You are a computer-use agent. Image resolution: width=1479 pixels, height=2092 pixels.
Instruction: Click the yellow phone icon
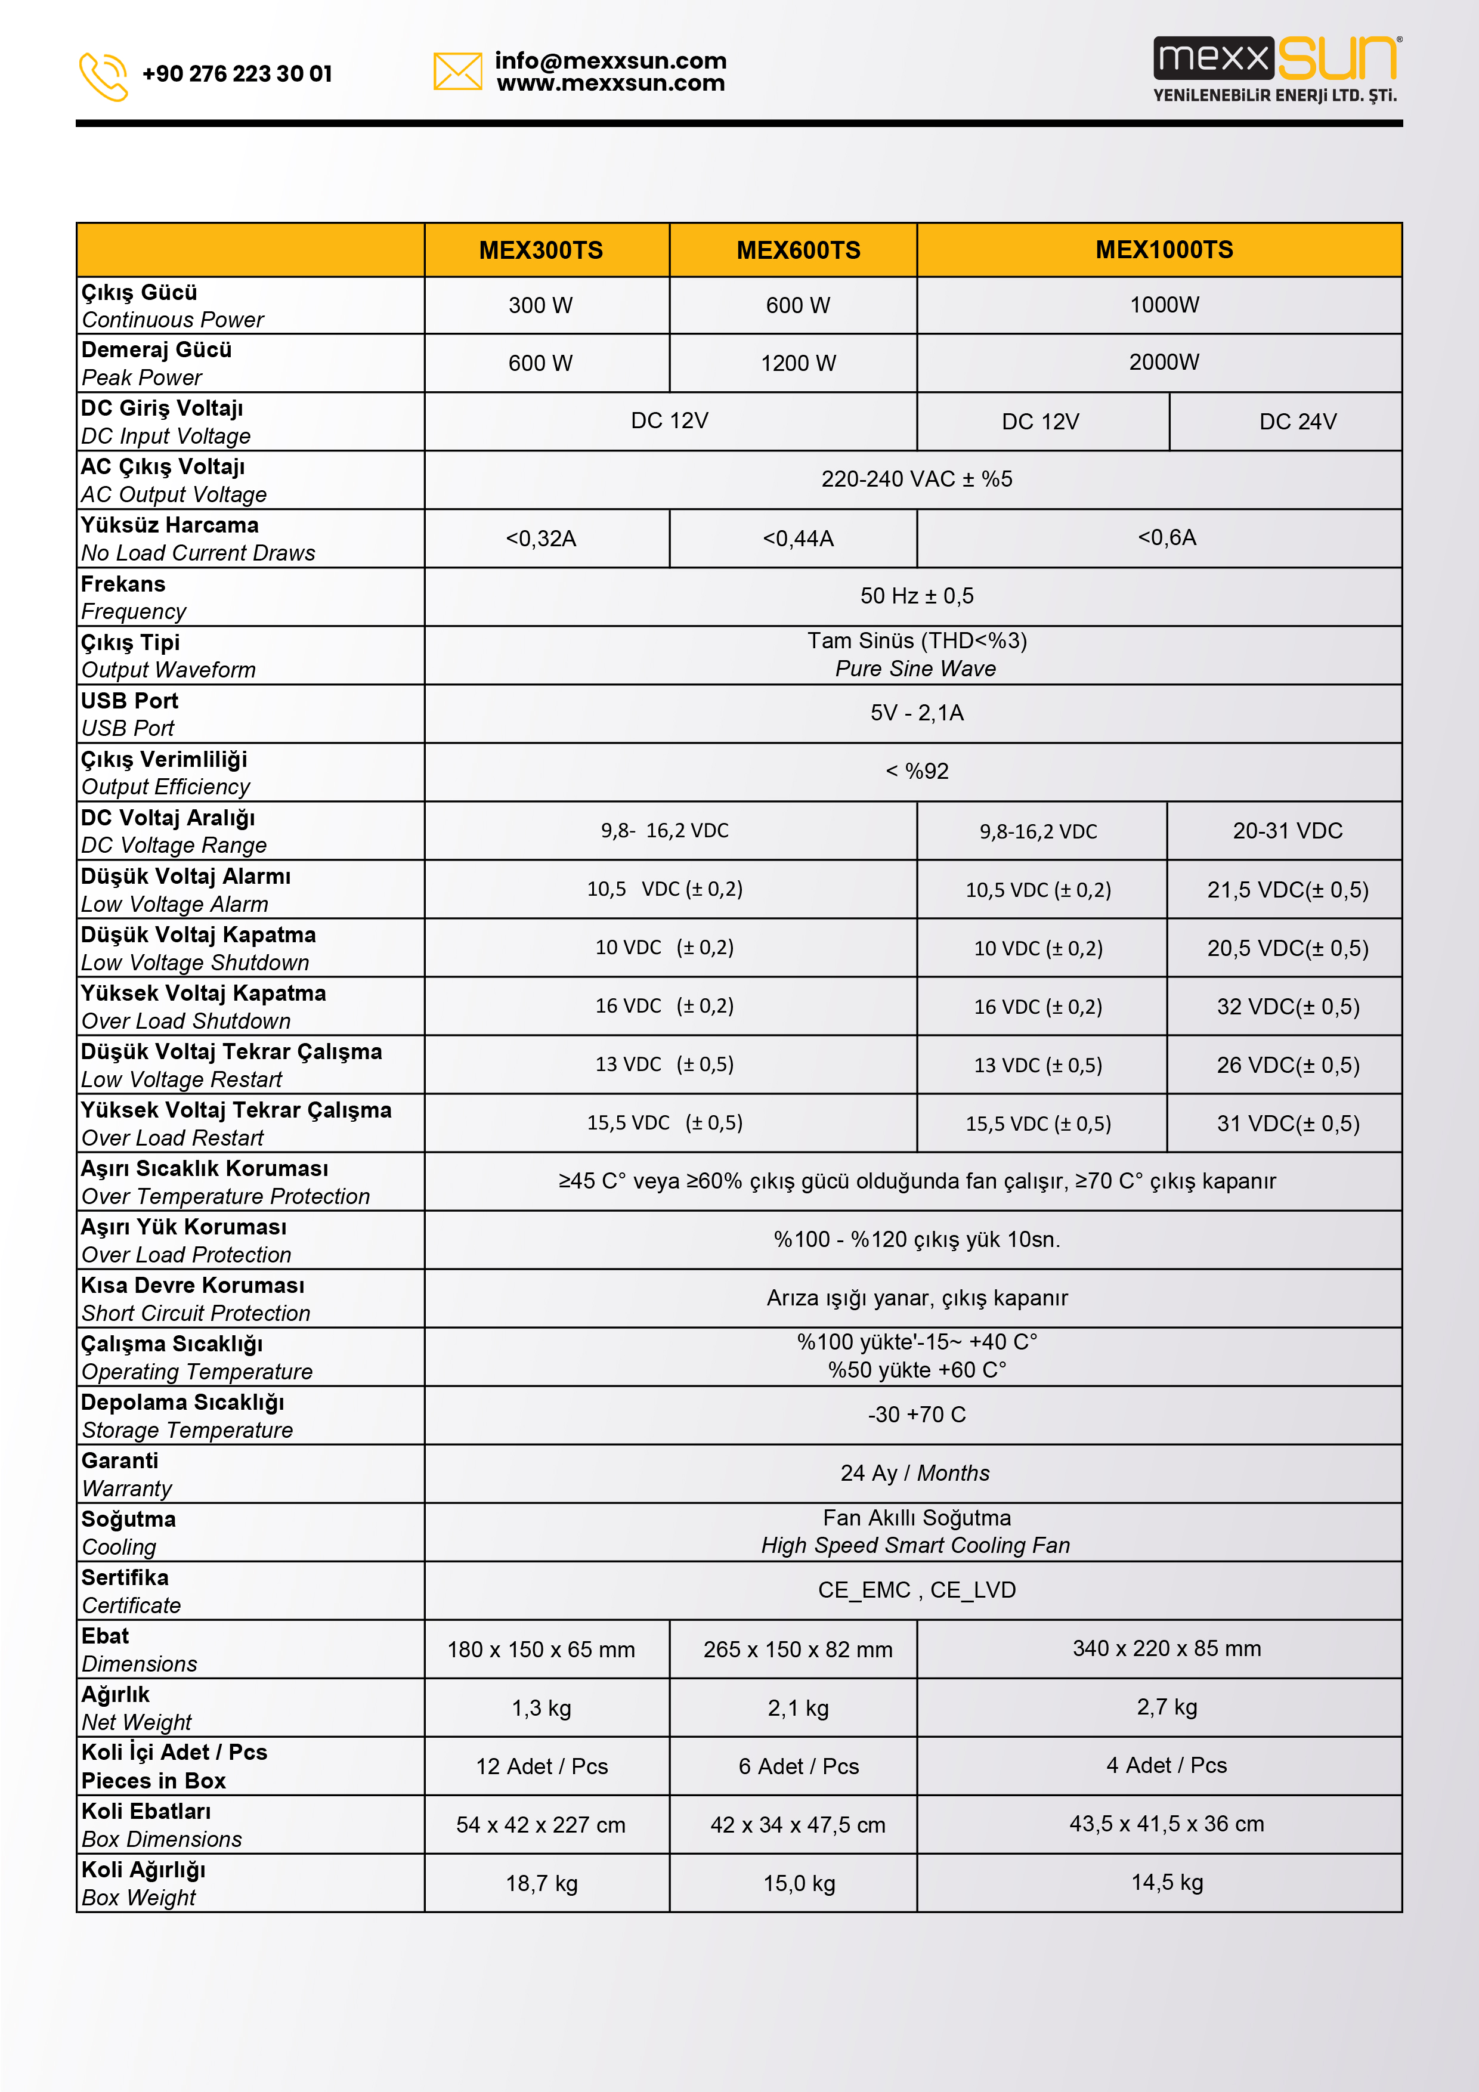click(103, 76)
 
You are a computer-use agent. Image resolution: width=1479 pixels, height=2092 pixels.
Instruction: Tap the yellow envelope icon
click(457, 71)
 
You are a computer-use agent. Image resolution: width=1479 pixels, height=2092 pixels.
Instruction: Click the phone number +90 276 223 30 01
click(237, 74)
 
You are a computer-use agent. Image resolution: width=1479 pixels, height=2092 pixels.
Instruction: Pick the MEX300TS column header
click(542, 250)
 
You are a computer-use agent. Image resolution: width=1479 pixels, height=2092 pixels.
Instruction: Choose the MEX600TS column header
click(799, 250)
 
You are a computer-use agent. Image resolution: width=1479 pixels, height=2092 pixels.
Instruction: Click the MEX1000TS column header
click(1164, 250)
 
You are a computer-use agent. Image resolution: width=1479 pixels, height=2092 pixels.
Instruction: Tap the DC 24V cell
click(1298, 422)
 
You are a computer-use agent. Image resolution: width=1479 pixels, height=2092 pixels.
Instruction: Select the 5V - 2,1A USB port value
click(917, 713)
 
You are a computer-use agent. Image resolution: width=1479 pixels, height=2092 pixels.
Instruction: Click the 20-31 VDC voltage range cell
click(1287, 831)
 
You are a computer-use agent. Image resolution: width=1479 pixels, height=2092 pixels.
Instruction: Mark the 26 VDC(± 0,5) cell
click(1288, 1065)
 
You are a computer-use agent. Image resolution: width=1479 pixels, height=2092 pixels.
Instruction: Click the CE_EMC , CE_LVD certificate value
click(917, 1590)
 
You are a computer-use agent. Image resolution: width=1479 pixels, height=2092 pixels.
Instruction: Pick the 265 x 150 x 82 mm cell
click(799, 1649)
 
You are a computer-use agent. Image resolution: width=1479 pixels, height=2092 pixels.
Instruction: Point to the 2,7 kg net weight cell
click(1167, 1707)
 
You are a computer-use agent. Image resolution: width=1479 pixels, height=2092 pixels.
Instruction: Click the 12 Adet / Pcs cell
click(542, 1766)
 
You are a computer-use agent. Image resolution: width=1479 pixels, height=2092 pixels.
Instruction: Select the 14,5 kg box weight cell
click(1167, 1883)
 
